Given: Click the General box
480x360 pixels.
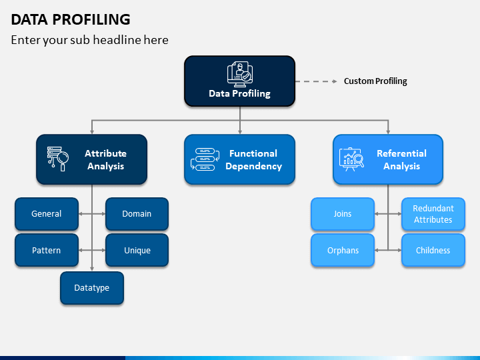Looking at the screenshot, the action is (47, 214).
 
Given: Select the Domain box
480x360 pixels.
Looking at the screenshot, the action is (137, 214).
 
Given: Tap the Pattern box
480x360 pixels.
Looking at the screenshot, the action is (47, 250).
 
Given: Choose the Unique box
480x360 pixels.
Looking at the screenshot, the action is (137, 250).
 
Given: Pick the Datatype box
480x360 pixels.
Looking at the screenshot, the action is (92, 288).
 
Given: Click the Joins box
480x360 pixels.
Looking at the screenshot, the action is (343, 214).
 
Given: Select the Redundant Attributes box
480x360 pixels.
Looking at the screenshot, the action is (433, 214).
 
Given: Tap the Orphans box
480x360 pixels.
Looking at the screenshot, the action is (343, 250).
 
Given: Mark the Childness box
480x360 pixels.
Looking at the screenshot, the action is (433, 250).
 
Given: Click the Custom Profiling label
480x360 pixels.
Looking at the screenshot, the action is (375, 81).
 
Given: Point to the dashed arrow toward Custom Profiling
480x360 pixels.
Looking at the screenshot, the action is (316, 81).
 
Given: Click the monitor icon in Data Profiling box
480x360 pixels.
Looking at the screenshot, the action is (240, 74).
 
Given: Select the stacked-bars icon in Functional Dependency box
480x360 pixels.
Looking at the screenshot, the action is (205, 159).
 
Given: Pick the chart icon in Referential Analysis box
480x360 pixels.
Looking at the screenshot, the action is (351, 159).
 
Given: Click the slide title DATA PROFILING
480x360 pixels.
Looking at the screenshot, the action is (71, 19).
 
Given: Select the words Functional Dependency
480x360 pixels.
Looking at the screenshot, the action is (254, 160).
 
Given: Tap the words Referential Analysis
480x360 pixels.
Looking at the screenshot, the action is (401, 160).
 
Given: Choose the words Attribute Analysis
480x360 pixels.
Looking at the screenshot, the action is (105, 160).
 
